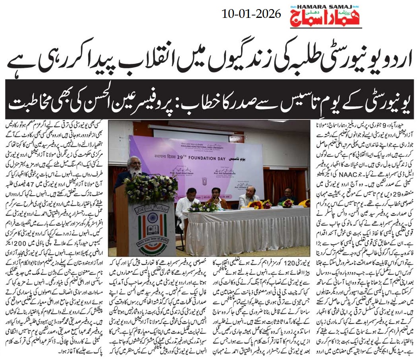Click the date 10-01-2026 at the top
[x=251, y=14]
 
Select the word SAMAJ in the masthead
[x=341, y=6]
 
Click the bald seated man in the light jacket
[x=249, y=196]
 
